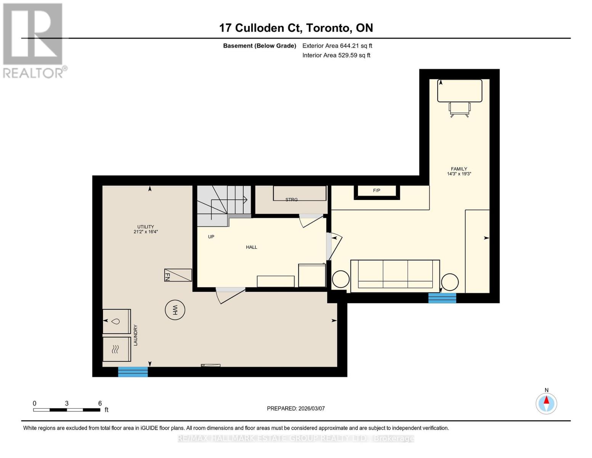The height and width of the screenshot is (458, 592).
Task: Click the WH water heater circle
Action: click(x=175, y=310)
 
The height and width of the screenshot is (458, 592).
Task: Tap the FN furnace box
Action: click(x=178, y=275)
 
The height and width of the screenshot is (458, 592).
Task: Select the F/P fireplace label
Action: click(x=377, y=190)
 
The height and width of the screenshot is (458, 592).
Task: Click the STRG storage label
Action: click(x=292, y=200)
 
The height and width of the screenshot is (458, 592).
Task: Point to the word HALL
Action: click(x=252, y=247)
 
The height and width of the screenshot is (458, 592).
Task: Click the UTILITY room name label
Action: click(x=146, y=227)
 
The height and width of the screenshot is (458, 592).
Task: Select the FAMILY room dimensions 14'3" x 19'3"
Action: click(x=459, y=174)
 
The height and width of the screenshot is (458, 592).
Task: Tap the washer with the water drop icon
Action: click(x=117, y=321)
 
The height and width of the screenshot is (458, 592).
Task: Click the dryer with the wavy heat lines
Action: click(x=117, y=349)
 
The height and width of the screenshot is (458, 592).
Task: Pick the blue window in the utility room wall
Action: click(x=133, y=372)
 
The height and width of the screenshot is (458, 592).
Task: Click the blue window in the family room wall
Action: click(x=442, y=298)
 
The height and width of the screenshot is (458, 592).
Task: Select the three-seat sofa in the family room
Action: click(x=395, y=276)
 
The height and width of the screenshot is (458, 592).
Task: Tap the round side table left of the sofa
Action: click(x=340, y=279)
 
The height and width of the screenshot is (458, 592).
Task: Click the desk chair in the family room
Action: click(x=459, y=109)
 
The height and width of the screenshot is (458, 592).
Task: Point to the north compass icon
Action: click(x=546, y=403)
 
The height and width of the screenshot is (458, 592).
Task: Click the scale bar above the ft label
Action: click(x=67, y=410)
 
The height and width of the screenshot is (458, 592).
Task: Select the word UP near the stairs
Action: click(x=211, y=237)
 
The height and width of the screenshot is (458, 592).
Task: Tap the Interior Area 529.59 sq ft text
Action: click(x=336, y=55)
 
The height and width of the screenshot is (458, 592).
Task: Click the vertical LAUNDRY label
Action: click(x=135, y=335)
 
